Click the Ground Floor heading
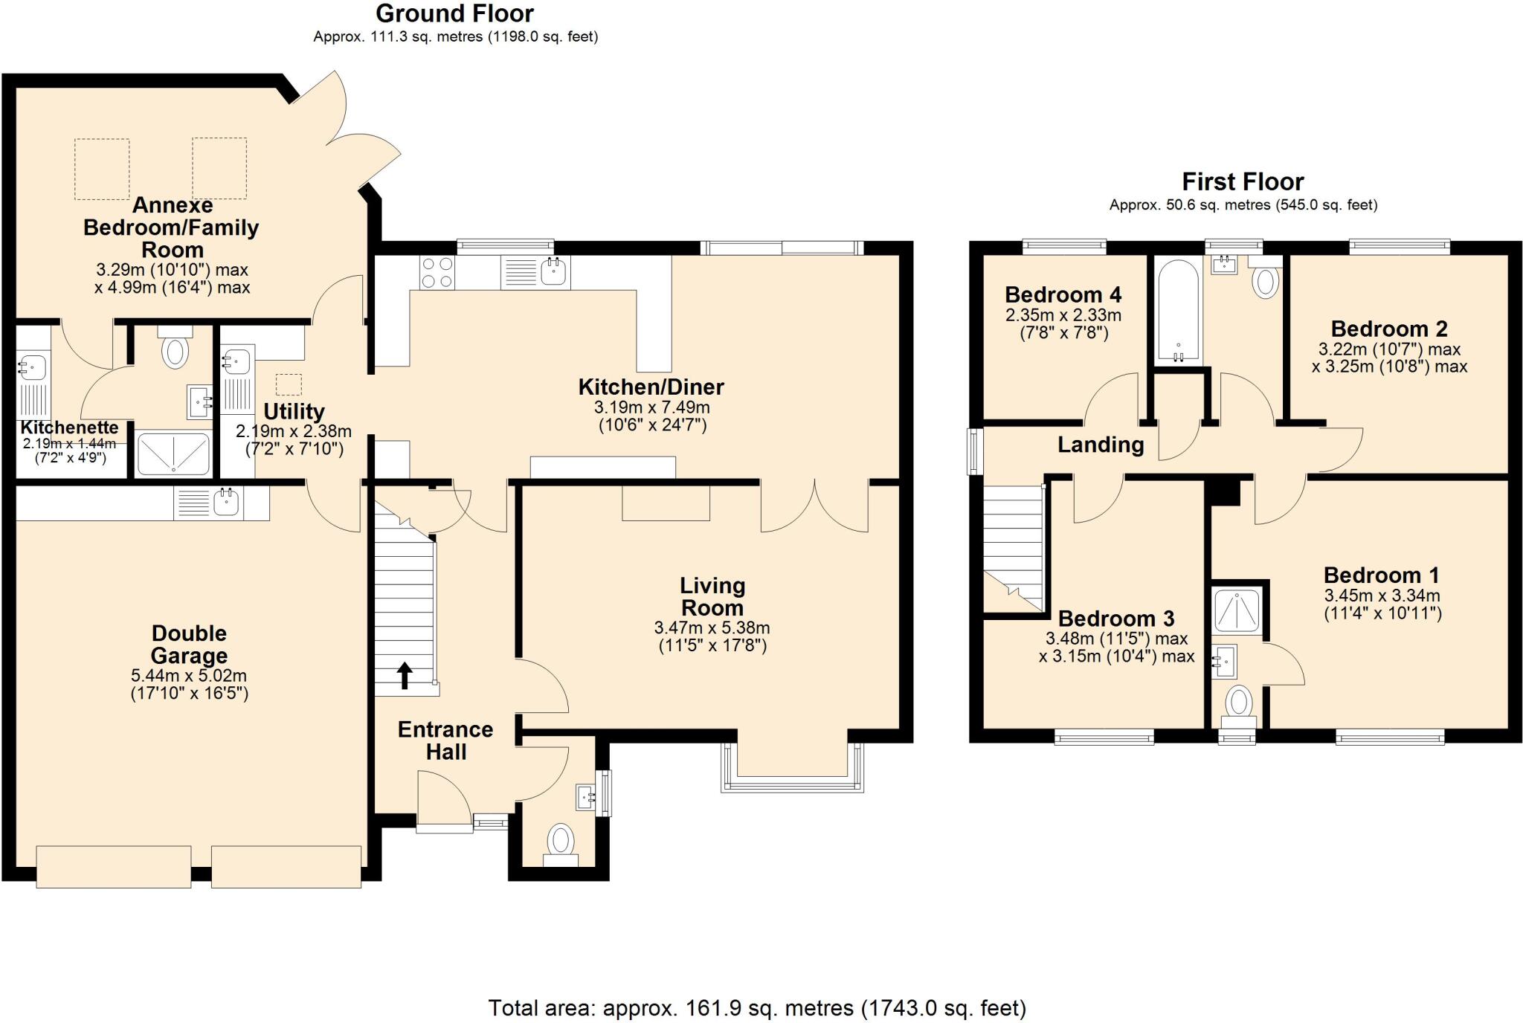454,13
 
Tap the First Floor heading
1243,181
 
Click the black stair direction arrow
405,676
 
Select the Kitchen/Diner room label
651,387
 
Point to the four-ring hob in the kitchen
437,272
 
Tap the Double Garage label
189,645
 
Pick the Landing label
1101,445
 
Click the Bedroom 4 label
1063,294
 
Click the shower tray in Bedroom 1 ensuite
1236,610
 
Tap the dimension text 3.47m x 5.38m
712,627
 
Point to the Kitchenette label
69,427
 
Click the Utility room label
294,411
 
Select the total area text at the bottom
757,1008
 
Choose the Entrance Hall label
445,740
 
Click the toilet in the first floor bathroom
1265,283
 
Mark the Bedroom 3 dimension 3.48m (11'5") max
1116,639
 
